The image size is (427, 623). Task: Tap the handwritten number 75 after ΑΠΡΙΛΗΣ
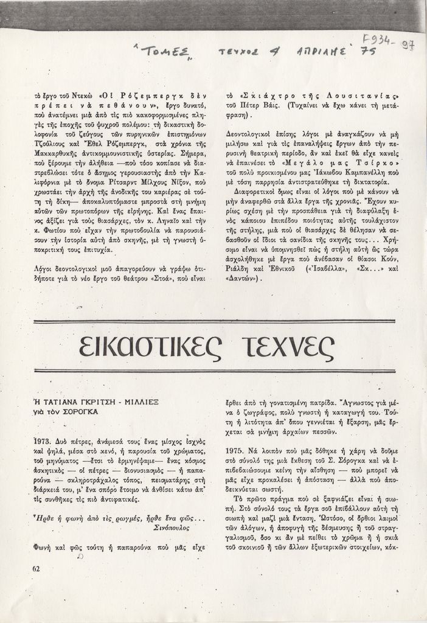pyautogui.click(x=368, y=54)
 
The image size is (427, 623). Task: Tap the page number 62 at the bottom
pyautogui.click(x=37, y=568)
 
